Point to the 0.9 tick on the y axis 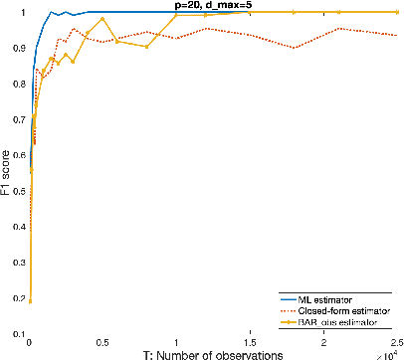coord(17,49)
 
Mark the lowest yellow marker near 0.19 coord(30,300)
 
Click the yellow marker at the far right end coord(397,12)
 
